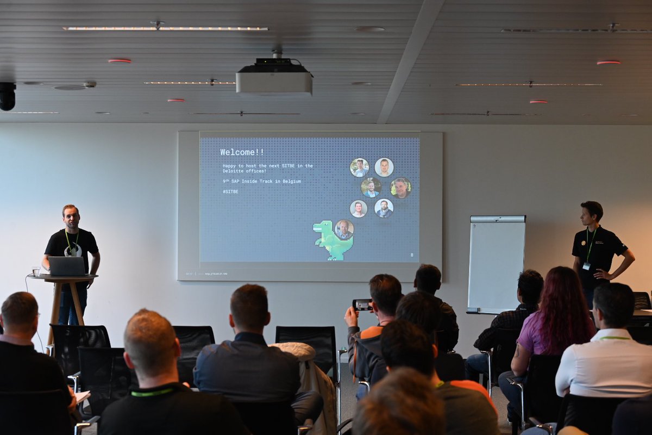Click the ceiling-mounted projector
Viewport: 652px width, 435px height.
click(274, 79)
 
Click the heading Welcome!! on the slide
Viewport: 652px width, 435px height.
click(242, 152)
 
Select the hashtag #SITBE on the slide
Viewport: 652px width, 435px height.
click(230, 191)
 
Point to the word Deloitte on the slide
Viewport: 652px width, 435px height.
click(234, 171)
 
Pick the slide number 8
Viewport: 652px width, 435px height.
click(411, 254)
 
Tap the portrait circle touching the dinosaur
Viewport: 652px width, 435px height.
click(344, 229)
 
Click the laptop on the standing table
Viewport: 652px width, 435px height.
click(67, 266)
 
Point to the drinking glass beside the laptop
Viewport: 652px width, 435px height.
click(36, 270)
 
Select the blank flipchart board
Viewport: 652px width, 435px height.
click(497, 264)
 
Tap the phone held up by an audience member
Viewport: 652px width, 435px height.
click(362, 304)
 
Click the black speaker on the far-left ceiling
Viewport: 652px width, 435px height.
click(7, 96)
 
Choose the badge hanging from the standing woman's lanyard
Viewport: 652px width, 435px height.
click(586, 266)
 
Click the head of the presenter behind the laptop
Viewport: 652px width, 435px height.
click(70, 216)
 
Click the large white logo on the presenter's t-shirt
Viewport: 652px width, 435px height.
click(73, 250)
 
